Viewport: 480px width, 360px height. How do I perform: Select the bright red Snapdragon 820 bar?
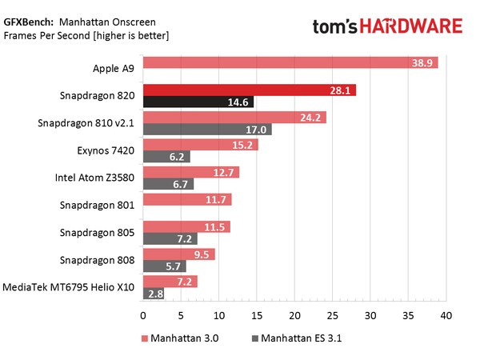[x=249, y=90]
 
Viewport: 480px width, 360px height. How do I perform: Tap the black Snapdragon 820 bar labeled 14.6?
[x=198, y=102]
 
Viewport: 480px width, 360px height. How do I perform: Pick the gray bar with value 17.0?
[x=206, y=130]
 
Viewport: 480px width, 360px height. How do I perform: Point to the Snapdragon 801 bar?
[x=186, y=199]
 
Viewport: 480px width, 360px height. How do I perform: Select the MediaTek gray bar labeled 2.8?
[x=153, y=294]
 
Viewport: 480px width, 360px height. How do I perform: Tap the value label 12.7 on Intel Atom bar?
[x=226, y=172]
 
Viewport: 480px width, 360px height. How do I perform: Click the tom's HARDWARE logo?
[x=387, y=26]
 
